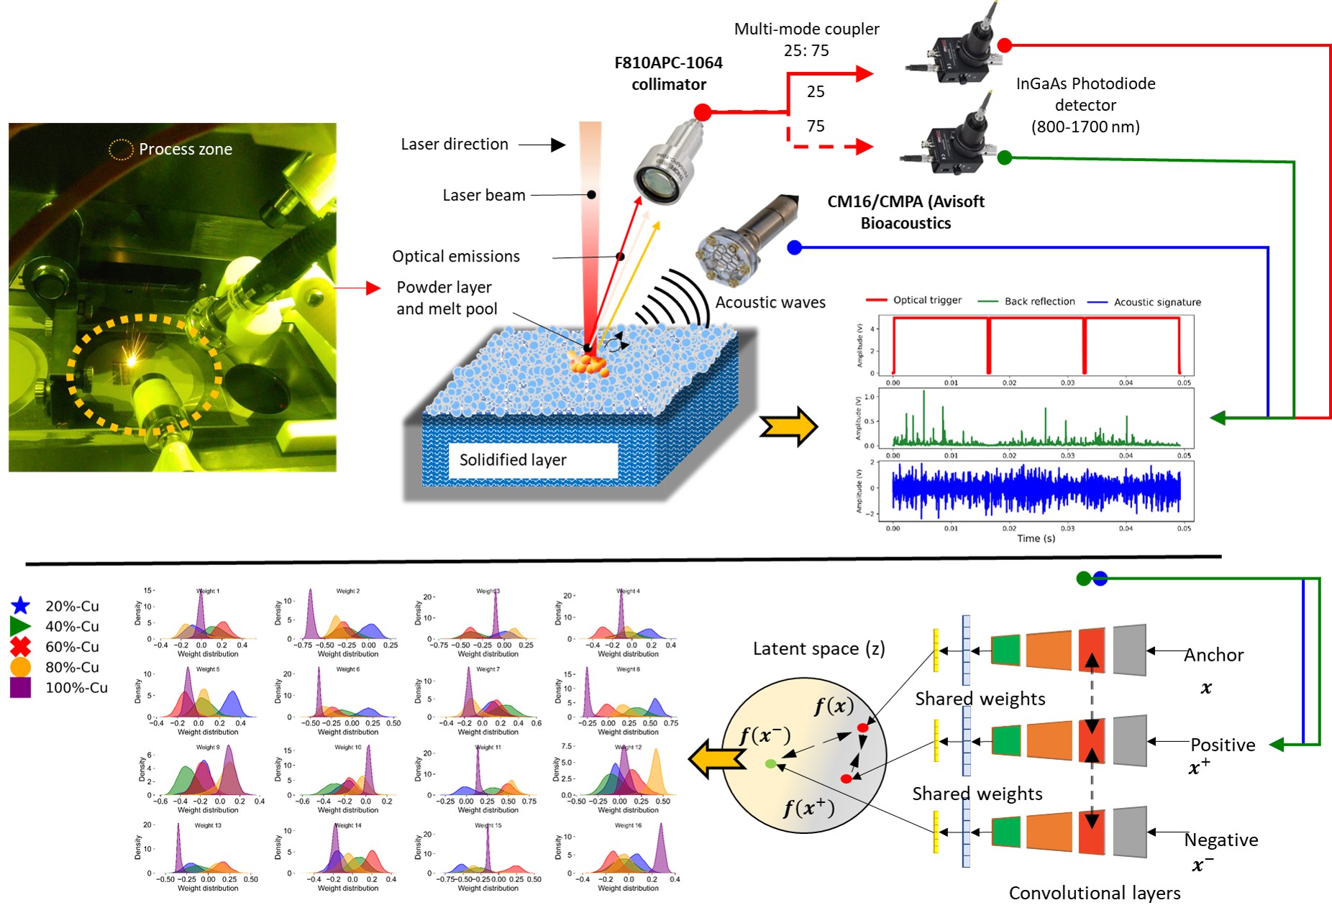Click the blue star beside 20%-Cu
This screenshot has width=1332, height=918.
[21, 605]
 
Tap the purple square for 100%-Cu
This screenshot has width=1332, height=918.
[20, 687]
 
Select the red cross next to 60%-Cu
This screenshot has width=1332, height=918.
[21, 646]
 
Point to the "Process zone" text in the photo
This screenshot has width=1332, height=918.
[185, 150]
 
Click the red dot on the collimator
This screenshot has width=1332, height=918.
[703, 112]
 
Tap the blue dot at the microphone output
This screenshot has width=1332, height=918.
[794, 247]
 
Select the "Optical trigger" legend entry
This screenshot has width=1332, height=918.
[926, 300]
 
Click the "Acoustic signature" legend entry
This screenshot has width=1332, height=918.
[1157, 303]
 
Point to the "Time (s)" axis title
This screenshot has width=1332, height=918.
[1036, 538]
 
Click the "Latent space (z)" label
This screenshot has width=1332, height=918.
[818, 648]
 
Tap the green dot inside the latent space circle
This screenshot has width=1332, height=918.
[770, 763]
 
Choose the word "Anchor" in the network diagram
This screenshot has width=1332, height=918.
[1214, 655]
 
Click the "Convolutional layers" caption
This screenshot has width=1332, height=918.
[1094, 893]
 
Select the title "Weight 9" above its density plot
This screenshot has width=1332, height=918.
[207, 748]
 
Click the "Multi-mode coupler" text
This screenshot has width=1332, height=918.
[806, 29]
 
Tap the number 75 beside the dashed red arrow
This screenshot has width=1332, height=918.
[816, 127]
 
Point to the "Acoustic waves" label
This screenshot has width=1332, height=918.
[770, 303]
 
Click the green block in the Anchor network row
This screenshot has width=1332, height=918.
[1006, 650]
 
